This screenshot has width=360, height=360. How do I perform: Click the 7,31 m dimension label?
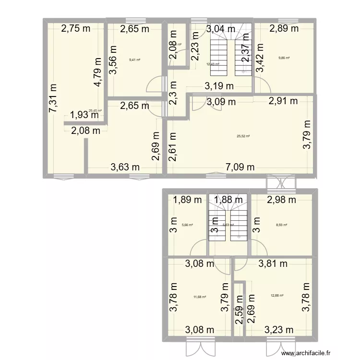pos(52,99)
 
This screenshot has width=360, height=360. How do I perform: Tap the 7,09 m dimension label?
pos(240,167)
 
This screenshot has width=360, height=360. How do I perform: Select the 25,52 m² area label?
pos(244,136)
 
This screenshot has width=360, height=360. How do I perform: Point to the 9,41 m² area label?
pos(135,60)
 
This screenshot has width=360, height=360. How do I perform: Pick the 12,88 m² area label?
pos(277,296)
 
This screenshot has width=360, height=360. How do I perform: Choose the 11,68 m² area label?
pos(200,297)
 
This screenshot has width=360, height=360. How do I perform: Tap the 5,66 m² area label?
pos(187,224)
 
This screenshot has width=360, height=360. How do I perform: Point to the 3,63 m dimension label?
pos(125,167)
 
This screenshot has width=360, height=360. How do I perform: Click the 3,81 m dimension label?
pos(273,263)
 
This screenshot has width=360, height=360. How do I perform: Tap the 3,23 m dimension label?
pos(279,330)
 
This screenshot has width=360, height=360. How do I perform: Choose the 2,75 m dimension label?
pos(75,29)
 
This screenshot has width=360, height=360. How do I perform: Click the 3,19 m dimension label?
pos(219,87)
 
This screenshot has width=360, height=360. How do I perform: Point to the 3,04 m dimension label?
pos(221,29)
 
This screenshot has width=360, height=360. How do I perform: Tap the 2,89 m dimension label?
pos(284,29)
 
